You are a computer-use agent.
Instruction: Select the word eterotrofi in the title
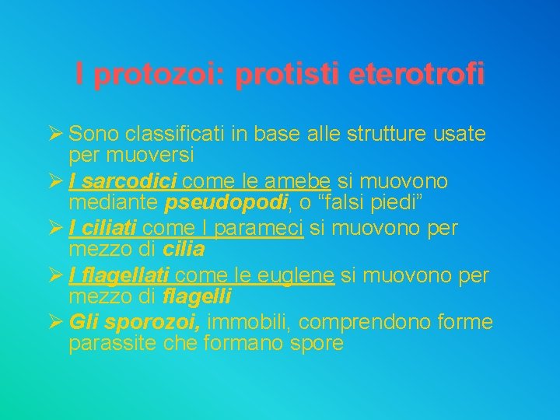417,75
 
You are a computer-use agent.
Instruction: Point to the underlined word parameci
264,229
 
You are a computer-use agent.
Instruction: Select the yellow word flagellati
123,275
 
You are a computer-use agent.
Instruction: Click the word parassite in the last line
114,343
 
